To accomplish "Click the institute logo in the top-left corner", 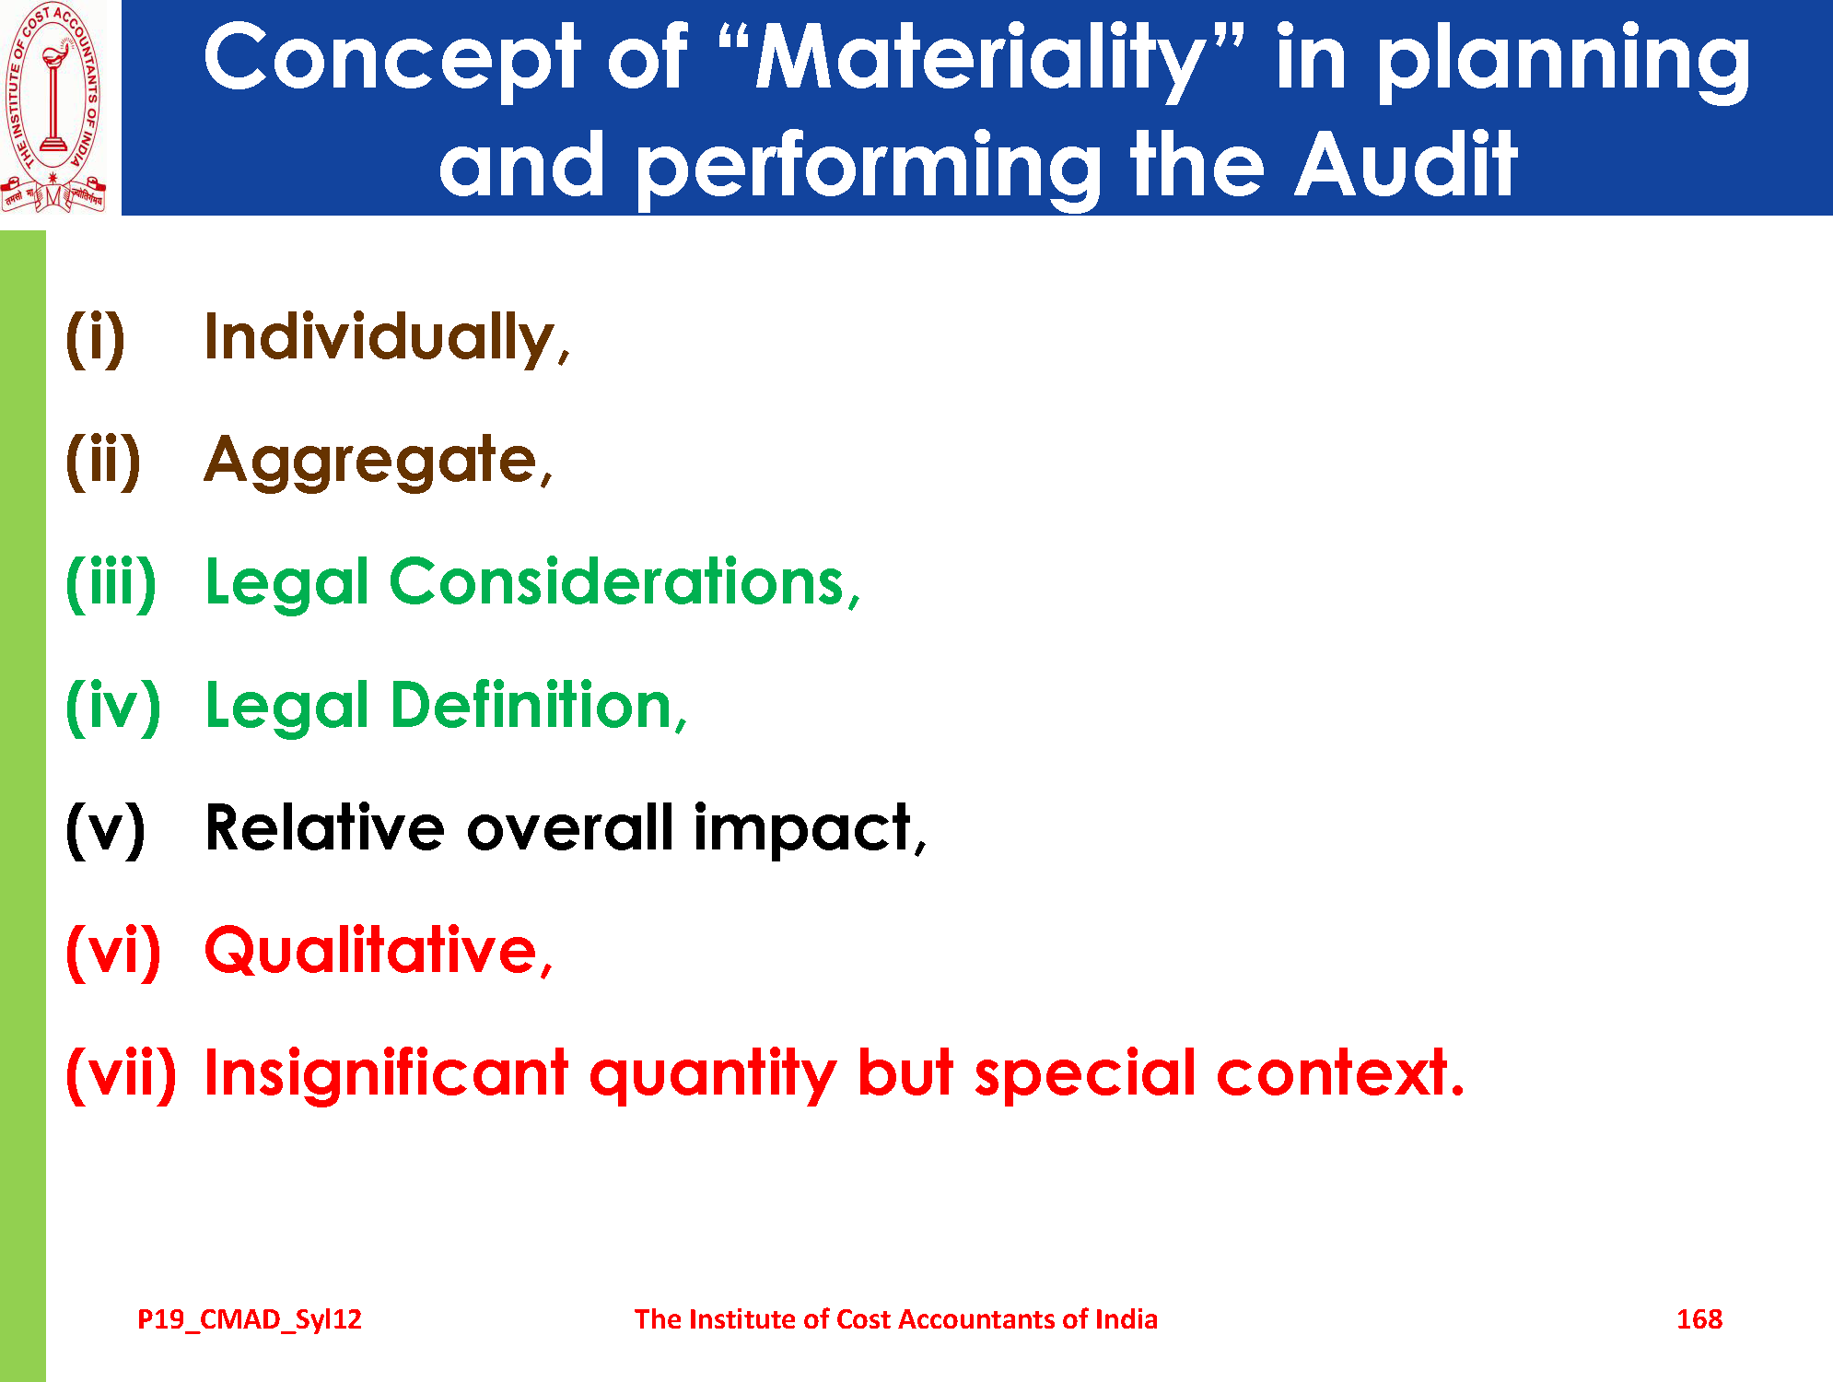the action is pos(53,108).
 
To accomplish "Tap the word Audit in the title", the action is pos(1406,163).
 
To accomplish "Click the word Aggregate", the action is pos(371,462).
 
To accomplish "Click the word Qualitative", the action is pos(371,950).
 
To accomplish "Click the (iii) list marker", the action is pos(111,583).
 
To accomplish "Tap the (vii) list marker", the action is pos(121,1073).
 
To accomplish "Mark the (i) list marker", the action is pos(95,338).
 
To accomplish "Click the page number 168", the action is pos(1699,1319).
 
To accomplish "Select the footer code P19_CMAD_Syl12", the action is pos(250,1320).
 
